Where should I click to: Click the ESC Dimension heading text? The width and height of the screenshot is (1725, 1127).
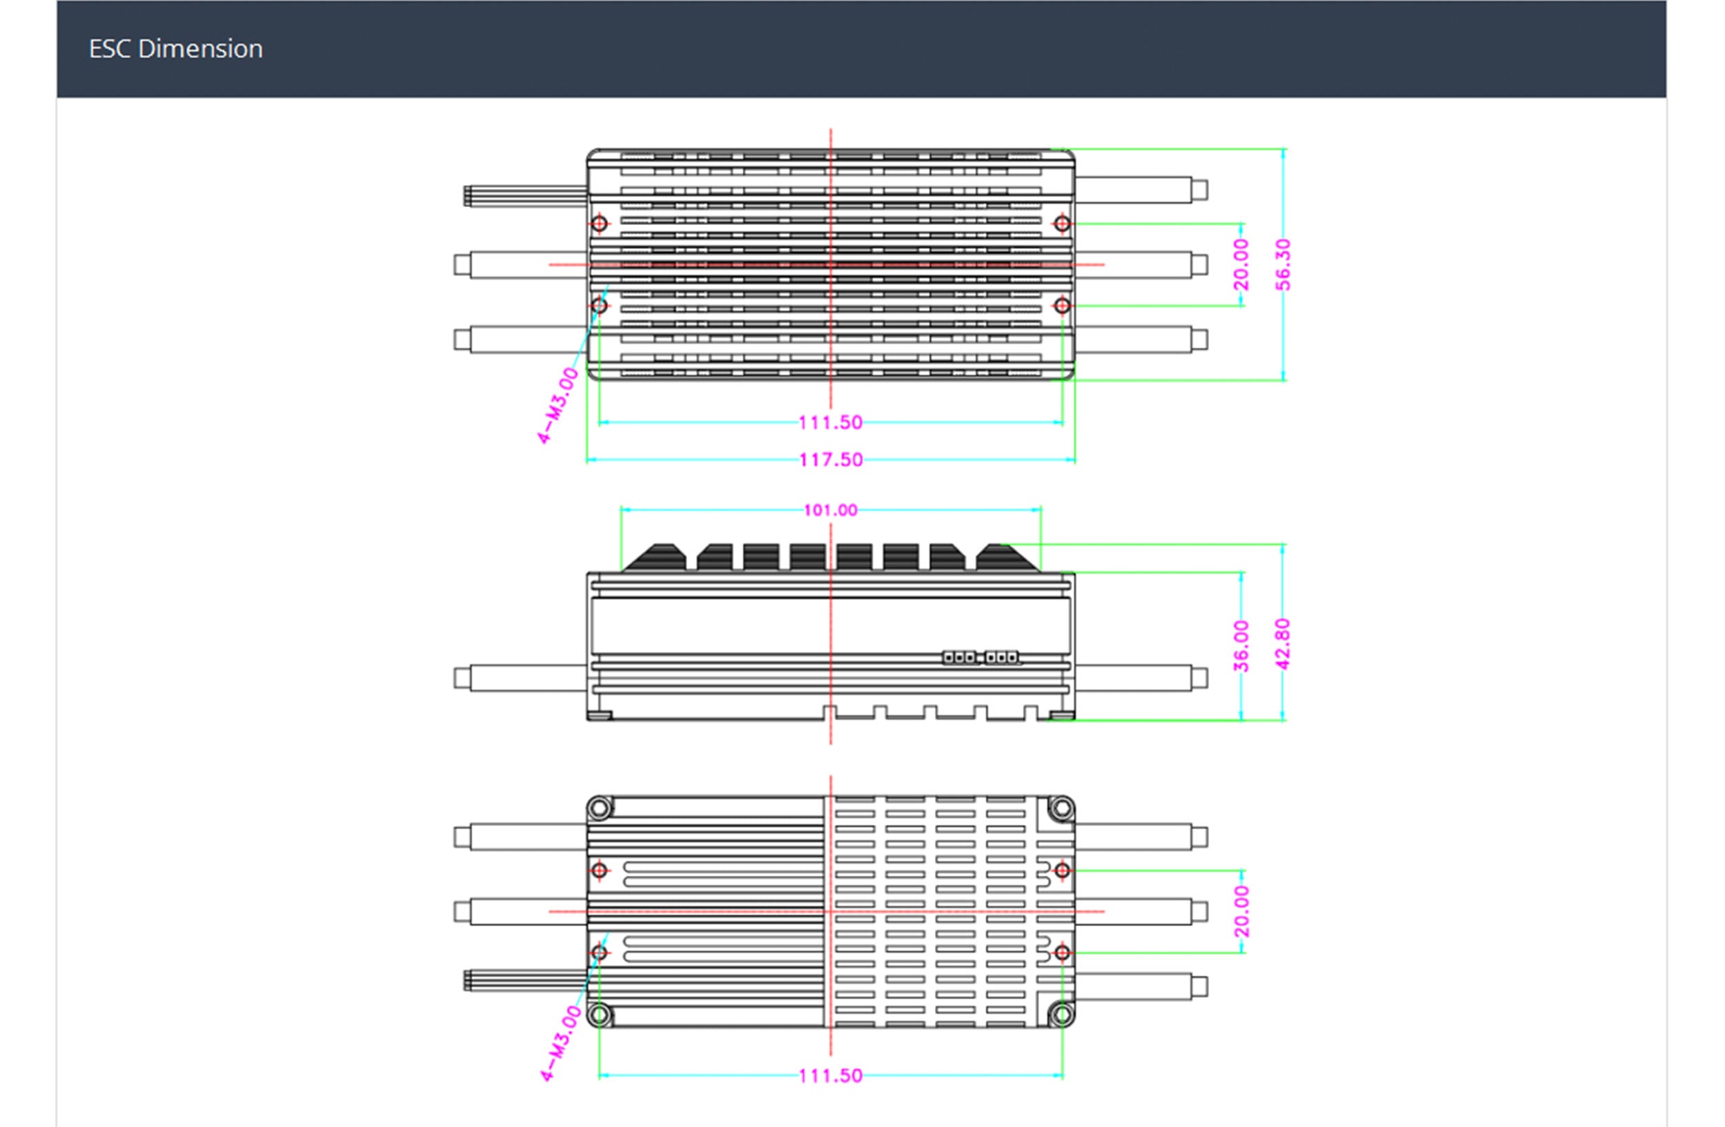coord(175,48)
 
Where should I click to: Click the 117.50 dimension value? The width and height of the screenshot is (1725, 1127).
coord(831,460)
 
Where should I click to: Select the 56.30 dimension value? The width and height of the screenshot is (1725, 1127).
coord(1283,264)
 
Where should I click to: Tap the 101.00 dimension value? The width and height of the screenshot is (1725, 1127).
coord(831,510)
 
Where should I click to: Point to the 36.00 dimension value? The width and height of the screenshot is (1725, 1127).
coord(1241,646)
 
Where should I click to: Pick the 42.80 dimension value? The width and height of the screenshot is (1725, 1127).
coord(1283,644)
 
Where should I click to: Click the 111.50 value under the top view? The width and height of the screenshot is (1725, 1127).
coord(831,422)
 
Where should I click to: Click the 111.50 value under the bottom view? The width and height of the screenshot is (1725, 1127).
coord(831,1075)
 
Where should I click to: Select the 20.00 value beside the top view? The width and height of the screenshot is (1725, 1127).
coord(1241,264)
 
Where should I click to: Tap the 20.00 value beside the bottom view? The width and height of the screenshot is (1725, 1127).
coord(1241,911)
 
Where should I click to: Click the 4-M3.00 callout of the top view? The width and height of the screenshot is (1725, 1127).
coord(558,405)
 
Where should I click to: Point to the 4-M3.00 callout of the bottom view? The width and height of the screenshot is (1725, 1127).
coord(561,1043)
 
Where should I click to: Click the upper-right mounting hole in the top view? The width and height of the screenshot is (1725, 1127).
coord(1062,223)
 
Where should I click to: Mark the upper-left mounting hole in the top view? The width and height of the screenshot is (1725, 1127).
coord(600,223)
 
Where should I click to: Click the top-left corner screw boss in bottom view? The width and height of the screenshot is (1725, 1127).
coord(600,807)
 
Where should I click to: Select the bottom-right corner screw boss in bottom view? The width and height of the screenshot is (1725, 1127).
coord(1062,1014)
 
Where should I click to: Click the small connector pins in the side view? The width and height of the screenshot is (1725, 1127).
coord(980,657)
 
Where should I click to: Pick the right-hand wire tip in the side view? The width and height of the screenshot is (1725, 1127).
coord(1199,678)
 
